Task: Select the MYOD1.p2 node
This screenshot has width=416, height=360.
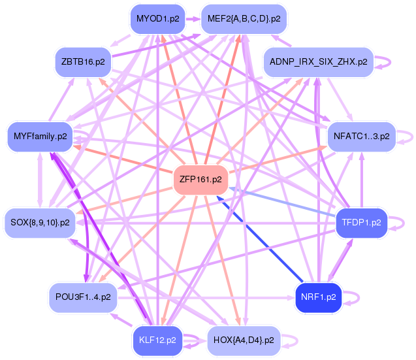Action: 157,19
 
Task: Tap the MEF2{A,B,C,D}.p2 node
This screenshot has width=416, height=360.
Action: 244,19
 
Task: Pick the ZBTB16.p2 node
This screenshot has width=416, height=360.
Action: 82,61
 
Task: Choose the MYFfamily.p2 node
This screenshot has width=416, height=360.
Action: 39,137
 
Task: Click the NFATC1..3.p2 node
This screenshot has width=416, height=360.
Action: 361,137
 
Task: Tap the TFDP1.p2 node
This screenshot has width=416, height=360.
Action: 361,223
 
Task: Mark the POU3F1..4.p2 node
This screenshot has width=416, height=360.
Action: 83,297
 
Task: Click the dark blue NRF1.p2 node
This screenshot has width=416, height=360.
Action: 318,297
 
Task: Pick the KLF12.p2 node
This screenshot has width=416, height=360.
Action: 157,340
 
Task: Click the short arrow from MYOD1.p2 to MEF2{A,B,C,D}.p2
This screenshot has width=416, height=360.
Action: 191,20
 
